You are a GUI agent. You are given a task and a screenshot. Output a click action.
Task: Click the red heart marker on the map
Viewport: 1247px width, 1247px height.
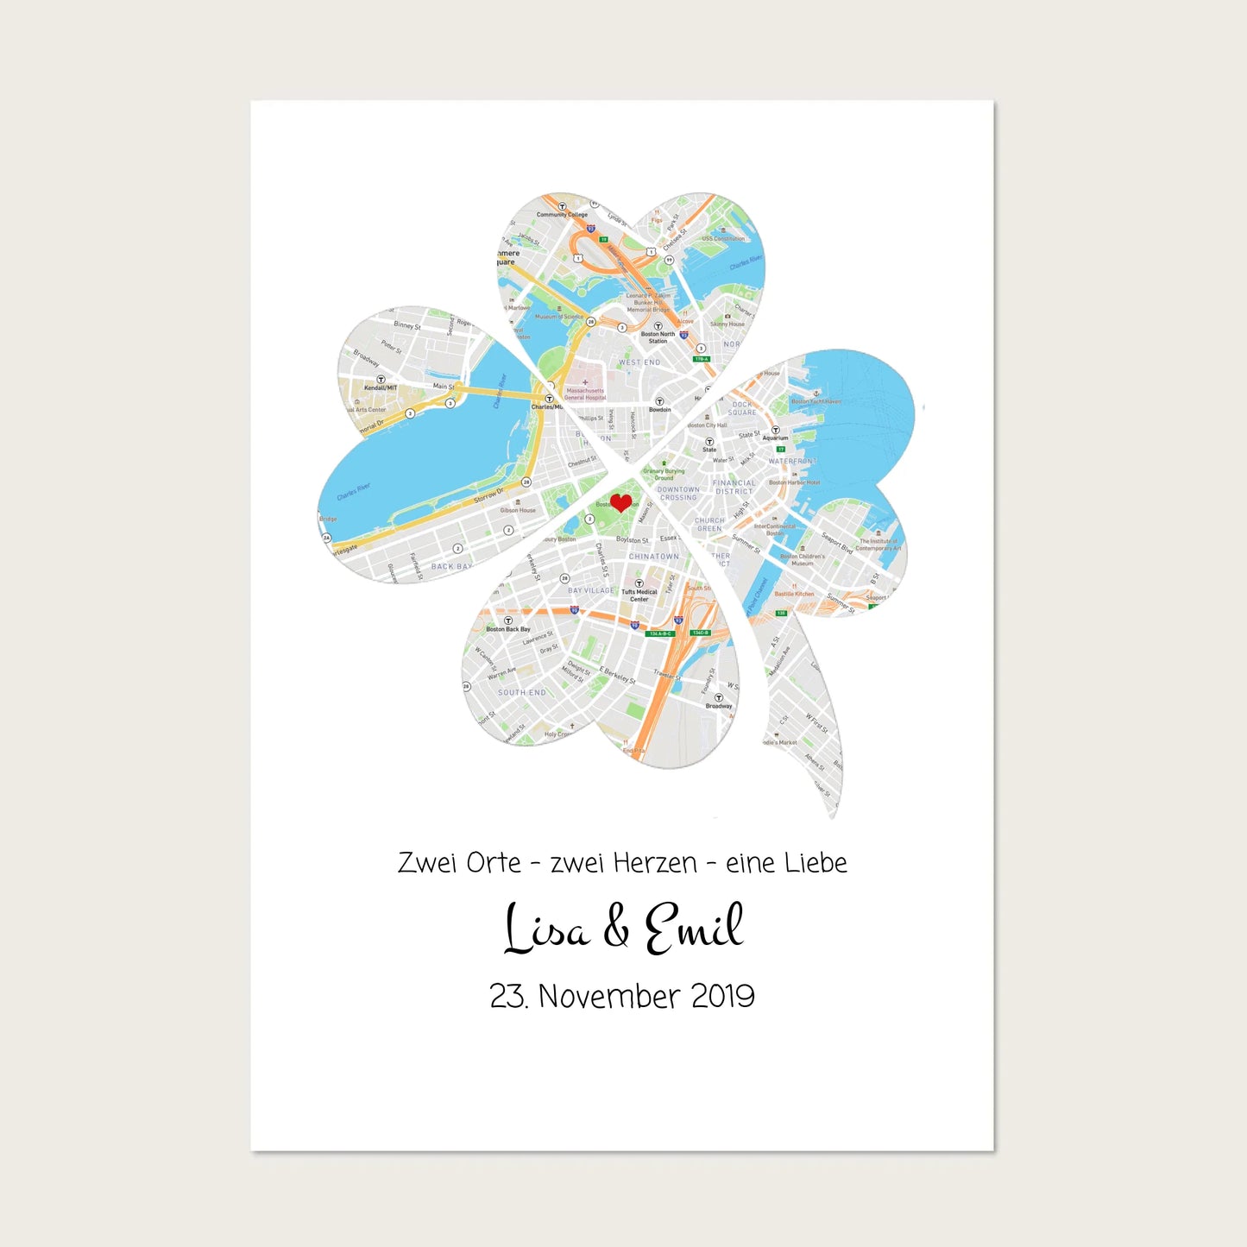point(620,502)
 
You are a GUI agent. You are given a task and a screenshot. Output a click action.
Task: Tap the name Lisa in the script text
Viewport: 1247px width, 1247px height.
point(546,929)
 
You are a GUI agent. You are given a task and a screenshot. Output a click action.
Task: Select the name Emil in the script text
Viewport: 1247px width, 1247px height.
point(694,929)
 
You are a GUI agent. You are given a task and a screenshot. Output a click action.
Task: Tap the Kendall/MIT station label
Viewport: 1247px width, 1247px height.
point(381,387)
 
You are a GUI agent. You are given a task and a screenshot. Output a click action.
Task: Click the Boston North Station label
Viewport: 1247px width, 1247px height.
point(658,337)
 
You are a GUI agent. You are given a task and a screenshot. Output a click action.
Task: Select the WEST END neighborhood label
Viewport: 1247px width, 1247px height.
point(639,362)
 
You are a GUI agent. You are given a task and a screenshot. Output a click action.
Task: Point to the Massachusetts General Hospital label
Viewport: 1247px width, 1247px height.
point(585,394)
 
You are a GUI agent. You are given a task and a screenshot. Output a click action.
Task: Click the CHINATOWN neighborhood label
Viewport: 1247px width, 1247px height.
point(653,557)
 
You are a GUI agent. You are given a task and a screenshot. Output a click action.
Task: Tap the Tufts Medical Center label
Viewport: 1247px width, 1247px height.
point(639,595)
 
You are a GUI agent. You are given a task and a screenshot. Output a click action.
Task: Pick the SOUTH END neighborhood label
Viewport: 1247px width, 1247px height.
point(521,692)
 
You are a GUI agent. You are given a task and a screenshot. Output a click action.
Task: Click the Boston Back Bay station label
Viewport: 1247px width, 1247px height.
point(507,628)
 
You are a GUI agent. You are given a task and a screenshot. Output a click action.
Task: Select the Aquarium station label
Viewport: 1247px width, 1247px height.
point(775,438)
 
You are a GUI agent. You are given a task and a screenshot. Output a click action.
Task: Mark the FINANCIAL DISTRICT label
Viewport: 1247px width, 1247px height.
point(734,487)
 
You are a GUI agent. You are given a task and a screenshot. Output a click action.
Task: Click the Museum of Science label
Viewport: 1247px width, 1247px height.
point(557,317)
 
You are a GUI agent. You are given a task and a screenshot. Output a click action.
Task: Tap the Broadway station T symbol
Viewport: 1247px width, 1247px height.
point(718,697)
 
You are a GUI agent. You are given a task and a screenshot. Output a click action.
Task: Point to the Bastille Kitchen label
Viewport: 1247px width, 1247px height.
point(794,594)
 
